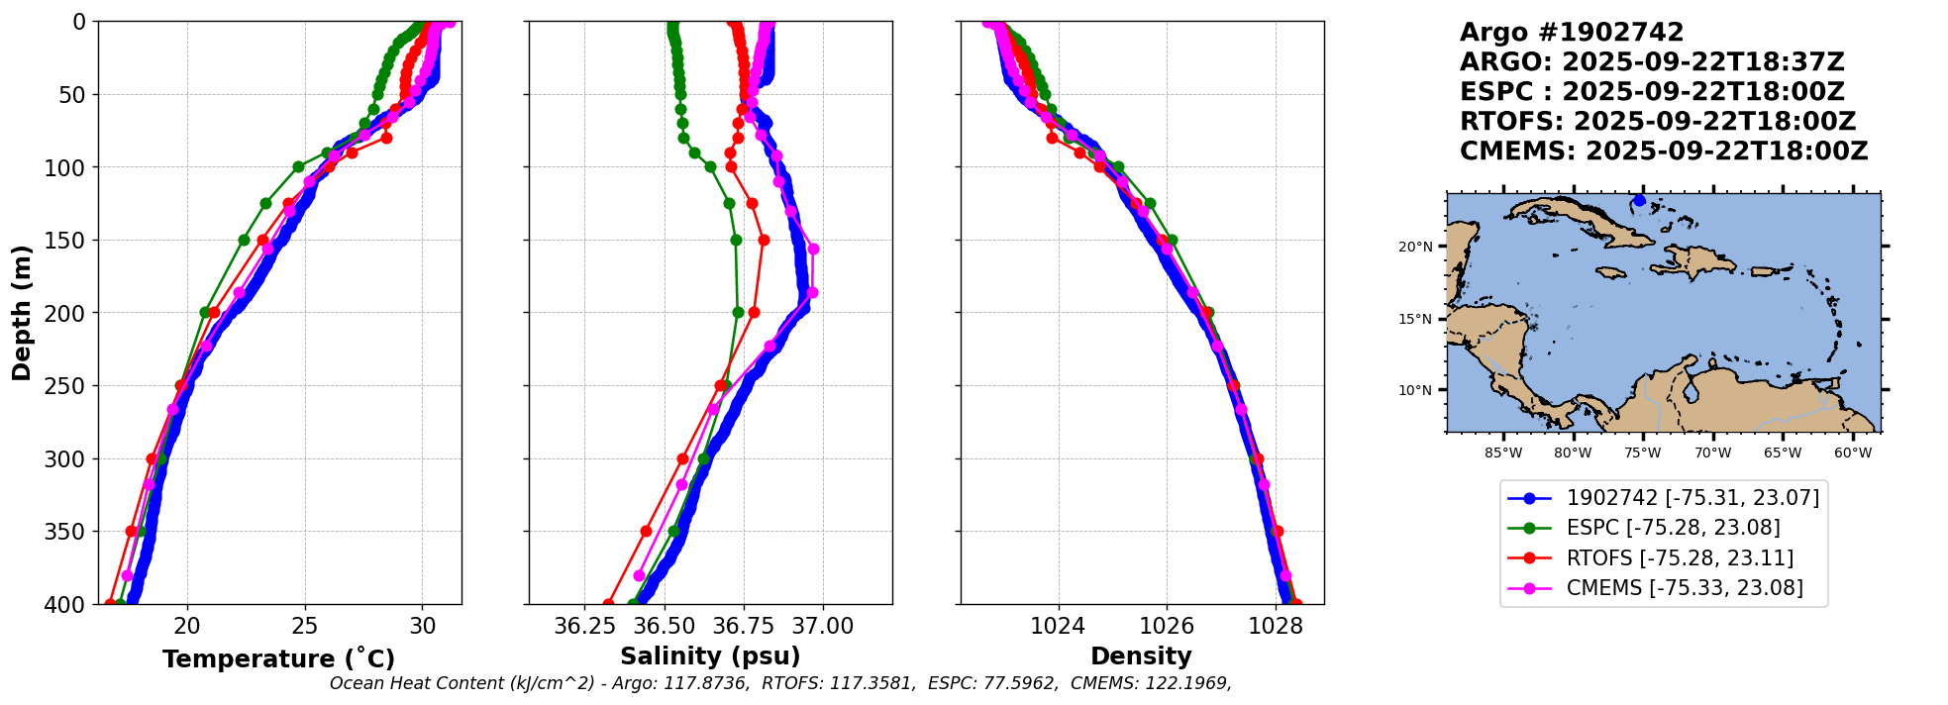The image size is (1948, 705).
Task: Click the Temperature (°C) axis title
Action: pyautogui.click(x=278, y=658)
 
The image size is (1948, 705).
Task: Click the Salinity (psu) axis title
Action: pyautogui.click(x=710, y=656)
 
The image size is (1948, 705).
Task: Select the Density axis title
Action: pyautogui.click(x=1141, y=656)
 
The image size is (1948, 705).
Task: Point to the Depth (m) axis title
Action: pyautogui.click(x=22, y=313)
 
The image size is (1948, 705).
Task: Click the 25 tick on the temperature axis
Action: pyautogui.click(x=305, y=626)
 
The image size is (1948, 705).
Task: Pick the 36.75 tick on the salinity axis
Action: pyautogui.click(x=744, y=626)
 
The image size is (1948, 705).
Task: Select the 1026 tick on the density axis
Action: pyautogui.click(x=1167, y=626)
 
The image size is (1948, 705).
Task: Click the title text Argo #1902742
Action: pyautogui.click(x=1572, y=33)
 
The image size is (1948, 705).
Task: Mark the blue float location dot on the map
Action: pyautogui.click(x=1639, y=200)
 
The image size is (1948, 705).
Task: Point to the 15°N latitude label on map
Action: pyautogui.click(x=1415, y=319)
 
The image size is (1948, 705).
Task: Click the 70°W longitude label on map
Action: pyautogui.click(x=1712, y=453)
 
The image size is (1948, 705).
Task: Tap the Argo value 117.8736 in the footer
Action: pyautogui.click(x=707, y=683)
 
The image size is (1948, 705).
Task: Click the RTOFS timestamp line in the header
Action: pyautogui.click(x=1657, y=122)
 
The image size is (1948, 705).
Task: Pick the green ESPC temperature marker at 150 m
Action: pyautogui.click(x=244, y=240)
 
